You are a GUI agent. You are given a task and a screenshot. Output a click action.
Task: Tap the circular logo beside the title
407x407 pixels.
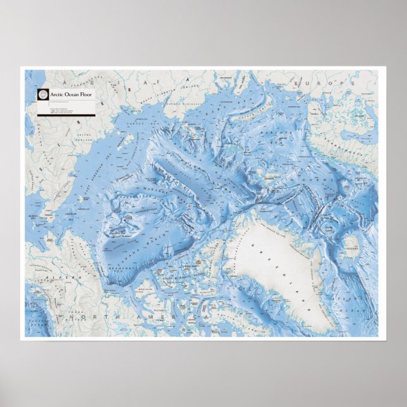[x=43, y=95]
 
